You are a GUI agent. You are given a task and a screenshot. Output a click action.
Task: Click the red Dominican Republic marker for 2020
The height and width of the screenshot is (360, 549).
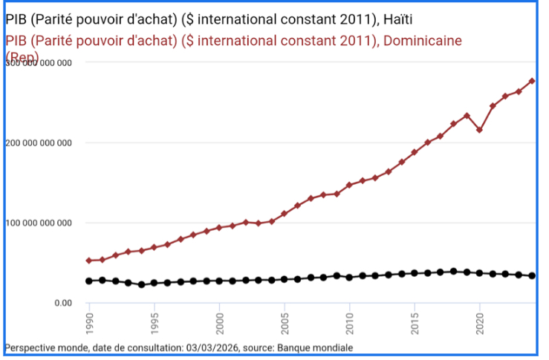tap(480, 130)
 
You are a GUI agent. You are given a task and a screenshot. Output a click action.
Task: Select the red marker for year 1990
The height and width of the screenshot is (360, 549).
tap(89, 261)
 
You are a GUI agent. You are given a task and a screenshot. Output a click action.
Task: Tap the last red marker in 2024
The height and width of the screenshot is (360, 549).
tap(532, 81)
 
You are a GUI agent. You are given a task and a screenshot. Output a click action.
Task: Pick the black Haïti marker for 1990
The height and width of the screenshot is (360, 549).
tap(89, 281)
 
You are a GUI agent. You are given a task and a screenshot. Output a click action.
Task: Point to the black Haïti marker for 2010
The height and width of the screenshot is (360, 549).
tap(349, 277)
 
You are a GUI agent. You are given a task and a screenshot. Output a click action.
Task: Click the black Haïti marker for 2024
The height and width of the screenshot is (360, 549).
tap(532, 275)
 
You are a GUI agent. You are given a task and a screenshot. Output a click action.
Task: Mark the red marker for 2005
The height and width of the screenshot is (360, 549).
tap(284, 214)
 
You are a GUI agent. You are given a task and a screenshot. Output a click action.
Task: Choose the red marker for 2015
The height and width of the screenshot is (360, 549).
tap(415, 152)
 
